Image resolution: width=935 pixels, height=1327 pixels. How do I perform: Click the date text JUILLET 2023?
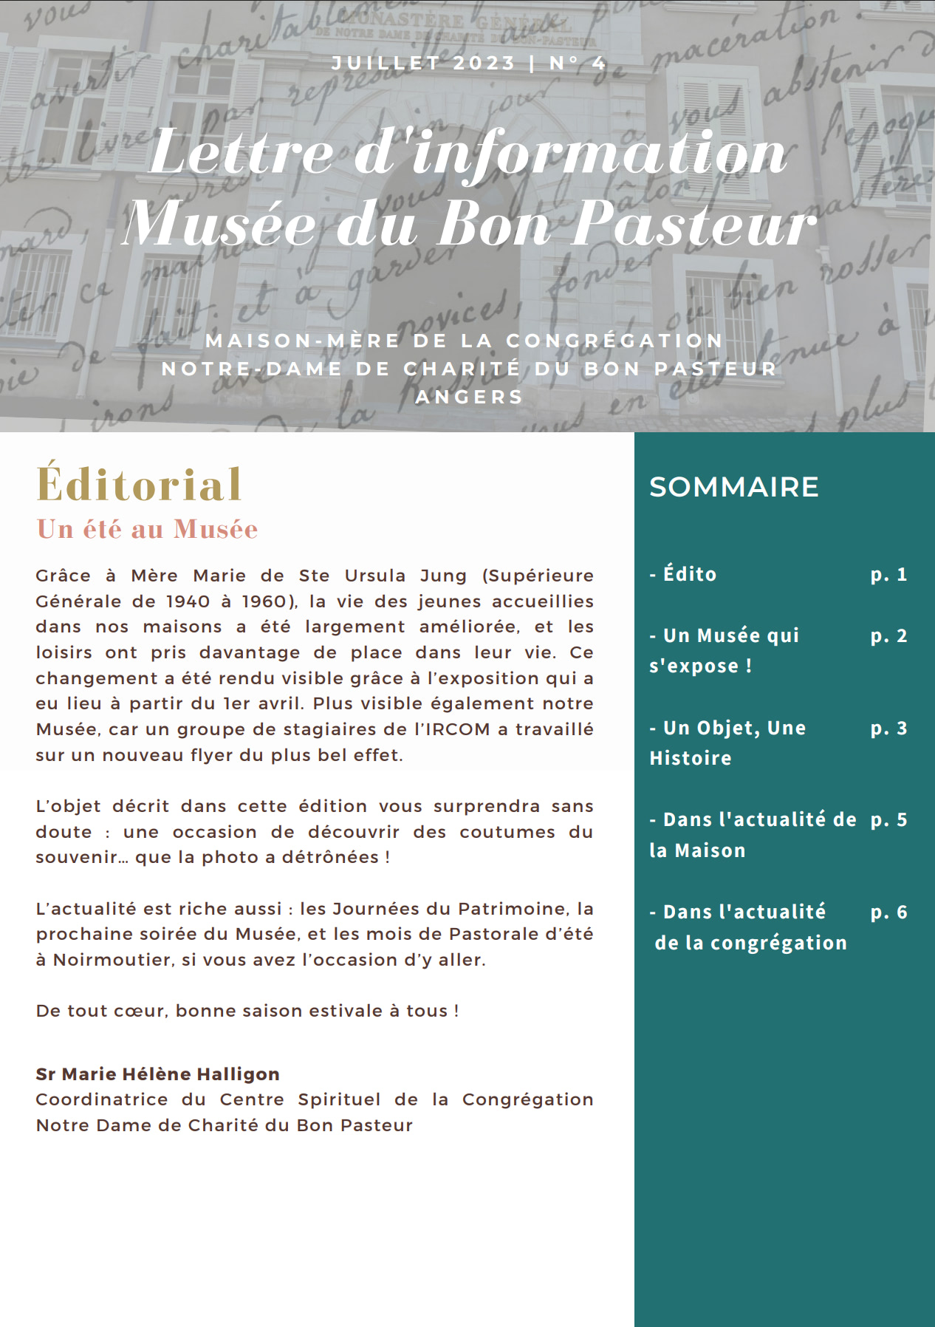point(423,64)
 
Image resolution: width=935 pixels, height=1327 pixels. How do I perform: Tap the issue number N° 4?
point(578,64)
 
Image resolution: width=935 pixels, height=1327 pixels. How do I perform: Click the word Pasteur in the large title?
point(695,223)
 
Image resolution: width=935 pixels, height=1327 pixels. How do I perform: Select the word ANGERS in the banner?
point(470,397)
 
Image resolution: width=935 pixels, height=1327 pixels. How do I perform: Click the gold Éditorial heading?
point(140,485)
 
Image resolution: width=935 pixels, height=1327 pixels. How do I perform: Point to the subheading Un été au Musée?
point(148,529)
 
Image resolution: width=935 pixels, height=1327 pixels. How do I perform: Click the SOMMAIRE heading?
point(734,487)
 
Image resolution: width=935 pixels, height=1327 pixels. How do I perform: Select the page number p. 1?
point(888,574)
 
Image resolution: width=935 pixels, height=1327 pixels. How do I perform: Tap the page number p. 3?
point(888,728)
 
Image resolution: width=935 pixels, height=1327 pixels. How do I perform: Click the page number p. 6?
point(888,912)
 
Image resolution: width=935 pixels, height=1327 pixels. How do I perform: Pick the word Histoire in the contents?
point(691,758)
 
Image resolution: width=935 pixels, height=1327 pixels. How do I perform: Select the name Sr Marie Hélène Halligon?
point(157,1074)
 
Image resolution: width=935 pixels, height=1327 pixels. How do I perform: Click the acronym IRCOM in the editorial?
point(458,729)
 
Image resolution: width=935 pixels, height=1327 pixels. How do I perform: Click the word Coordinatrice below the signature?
point(102,1099)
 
